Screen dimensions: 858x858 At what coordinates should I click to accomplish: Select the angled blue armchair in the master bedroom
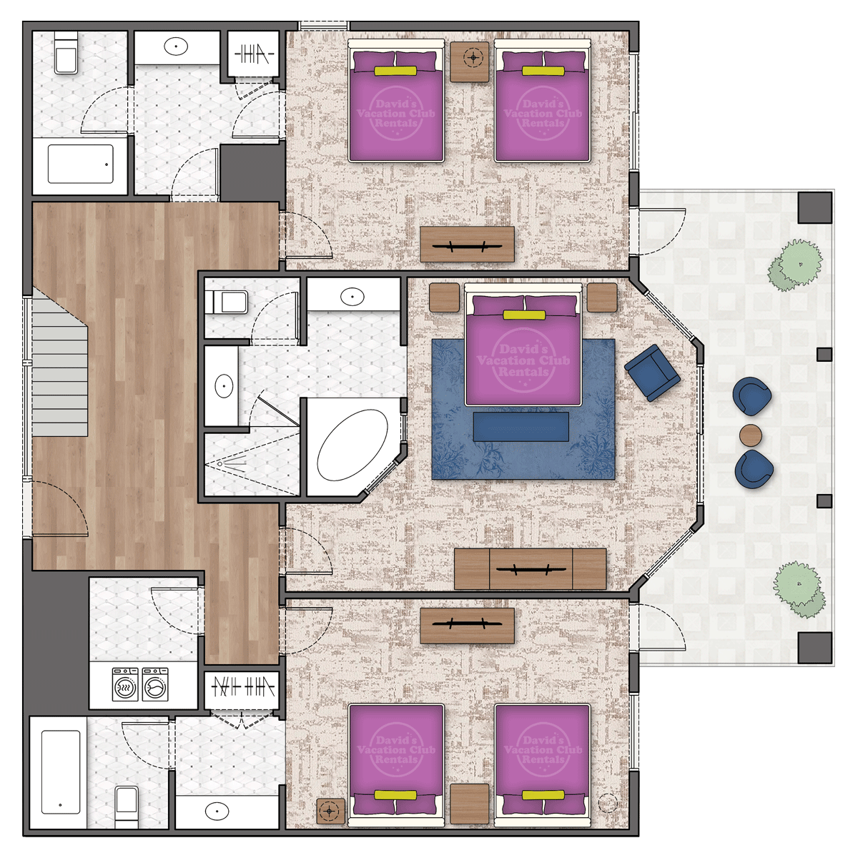(x=652, y=373)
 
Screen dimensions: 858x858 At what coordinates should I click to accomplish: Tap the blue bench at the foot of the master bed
(x=521, y=427)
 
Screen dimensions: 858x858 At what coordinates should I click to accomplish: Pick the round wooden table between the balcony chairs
(x=751, y=435)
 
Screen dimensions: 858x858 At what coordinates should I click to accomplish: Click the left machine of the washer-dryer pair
(x=125, y=684)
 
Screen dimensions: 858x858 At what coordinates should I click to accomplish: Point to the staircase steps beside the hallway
(x=59, y=367)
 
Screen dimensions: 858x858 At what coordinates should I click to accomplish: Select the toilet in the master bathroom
(x=230, y=302)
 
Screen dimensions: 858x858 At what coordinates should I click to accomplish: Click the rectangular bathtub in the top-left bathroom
(x=81, y=164)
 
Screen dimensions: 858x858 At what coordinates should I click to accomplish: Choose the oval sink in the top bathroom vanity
(x=176, y=46)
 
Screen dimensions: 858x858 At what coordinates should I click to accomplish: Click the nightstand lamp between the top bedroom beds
(x=473, y=57)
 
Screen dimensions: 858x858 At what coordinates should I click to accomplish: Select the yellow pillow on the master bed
(x=524, y=315)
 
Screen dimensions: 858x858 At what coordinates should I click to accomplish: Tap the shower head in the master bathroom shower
(x=220, y=464)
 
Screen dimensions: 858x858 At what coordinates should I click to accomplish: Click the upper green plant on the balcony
(x=794, y=266)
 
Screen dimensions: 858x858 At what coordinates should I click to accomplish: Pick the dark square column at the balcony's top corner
(x=815, y=208)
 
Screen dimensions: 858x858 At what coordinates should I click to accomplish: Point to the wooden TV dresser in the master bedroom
(x=530, y=569)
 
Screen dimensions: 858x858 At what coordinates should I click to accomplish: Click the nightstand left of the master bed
(x=444, y=298)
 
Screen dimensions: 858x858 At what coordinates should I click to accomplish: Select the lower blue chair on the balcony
(x=754, y=470)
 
